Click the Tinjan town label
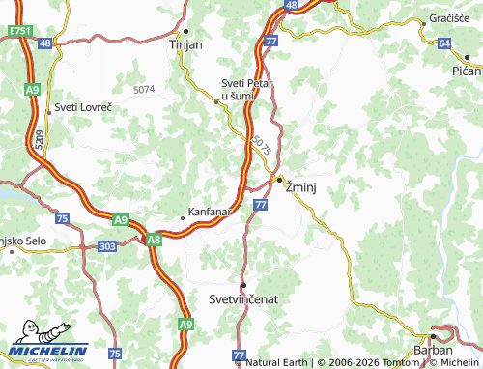coord(185,45)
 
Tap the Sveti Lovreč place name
coord(84,105)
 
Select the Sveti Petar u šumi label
coord(247,90)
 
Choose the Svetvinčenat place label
coord(243,299)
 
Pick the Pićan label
coord(466,71)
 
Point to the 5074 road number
coord(144,89)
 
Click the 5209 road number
coord(39,139)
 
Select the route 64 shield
coord(443,43)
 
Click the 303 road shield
coord(107,247)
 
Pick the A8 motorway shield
coord(153,240)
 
